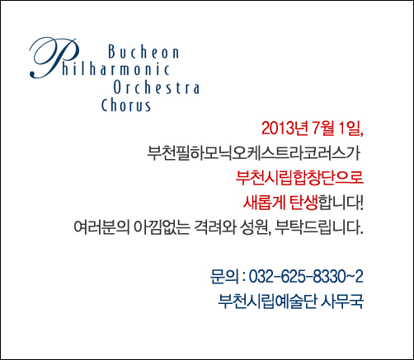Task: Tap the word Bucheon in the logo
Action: (143, 52)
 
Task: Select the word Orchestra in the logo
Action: (157, 87)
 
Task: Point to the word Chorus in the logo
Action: (126, 105)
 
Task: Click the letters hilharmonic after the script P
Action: (115, 69)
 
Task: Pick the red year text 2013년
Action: (285, 129)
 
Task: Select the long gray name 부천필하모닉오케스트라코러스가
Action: (253, 153)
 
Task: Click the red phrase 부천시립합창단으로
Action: (299, 178)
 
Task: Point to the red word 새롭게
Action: (264, 203)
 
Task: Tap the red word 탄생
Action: (303, 203)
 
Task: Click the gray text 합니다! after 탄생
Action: (341, 203)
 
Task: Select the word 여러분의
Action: (101, 227)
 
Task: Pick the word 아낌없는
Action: (162, 227)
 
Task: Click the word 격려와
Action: (214, 227)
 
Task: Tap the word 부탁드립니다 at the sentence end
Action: (319, 227)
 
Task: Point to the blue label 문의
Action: (224, 277)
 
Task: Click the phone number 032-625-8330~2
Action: (306, 277)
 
